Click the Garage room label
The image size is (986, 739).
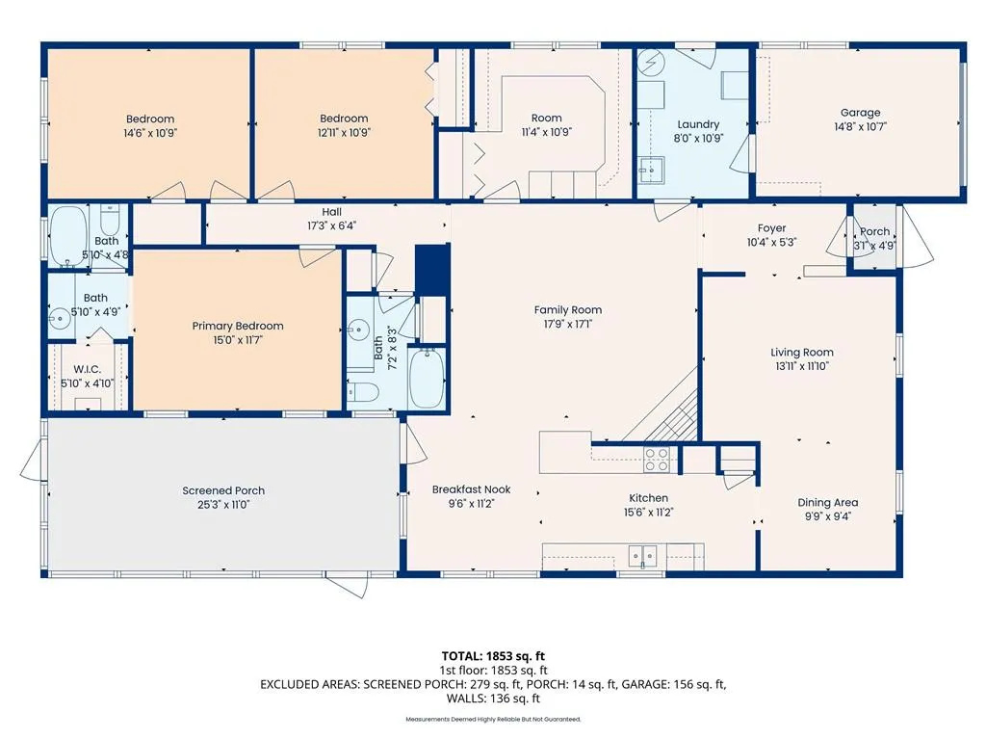pyautogui.click(x=860, y=113)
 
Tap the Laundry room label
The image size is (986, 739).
pyautogui.click(x=698, y=124)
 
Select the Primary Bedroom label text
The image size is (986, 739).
pyautogui.click(x=238, y=326)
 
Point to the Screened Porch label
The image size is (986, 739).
pyautogui.click(x=223, y=490)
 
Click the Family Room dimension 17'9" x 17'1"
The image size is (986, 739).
pyautogui.click(x=568, y=324)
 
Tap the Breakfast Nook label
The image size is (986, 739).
pyautogui.click(x=471, y=489)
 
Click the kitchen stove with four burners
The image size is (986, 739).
pyautogui.click(x=657, y=460)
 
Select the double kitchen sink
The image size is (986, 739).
pyautogui.click(x=642, y=556)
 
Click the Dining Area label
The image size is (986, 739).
pyautogui.click(x=827, y=502)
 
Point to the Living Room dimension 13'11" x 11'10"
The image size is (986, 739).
pyautogui.click(x=802, y=366)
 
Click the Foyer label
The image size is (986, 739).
pyautogui.click(x=771, y=228)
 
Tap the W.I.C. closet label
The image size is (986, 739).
pyautogui.click(x=87, y=370)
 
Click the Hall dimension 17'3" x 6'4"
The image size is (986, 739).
pyautogui.click(x=331, y=226)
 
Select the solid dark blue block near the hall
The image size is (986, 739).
pyautogui.click(x=432, y=270)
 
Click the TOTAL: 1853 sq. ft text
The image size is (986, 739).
pyautogui.click(x=493, y=656)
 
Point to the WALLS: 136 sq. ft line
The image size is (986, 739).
pyautogui.click(x=493, y=699)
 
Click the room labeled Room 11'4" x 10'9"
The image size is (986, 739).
pyautogui.click(x=547, y=124)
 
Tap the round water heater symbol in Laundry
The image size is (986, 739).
pyautogui.click(x=650, y=63)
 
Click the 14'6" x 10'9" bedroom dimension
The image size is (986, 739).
pyautogui.click(x=149, y=134)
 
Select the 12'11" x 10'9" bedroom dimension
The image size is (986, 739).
pyautogui.click(x=344, y=133)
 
